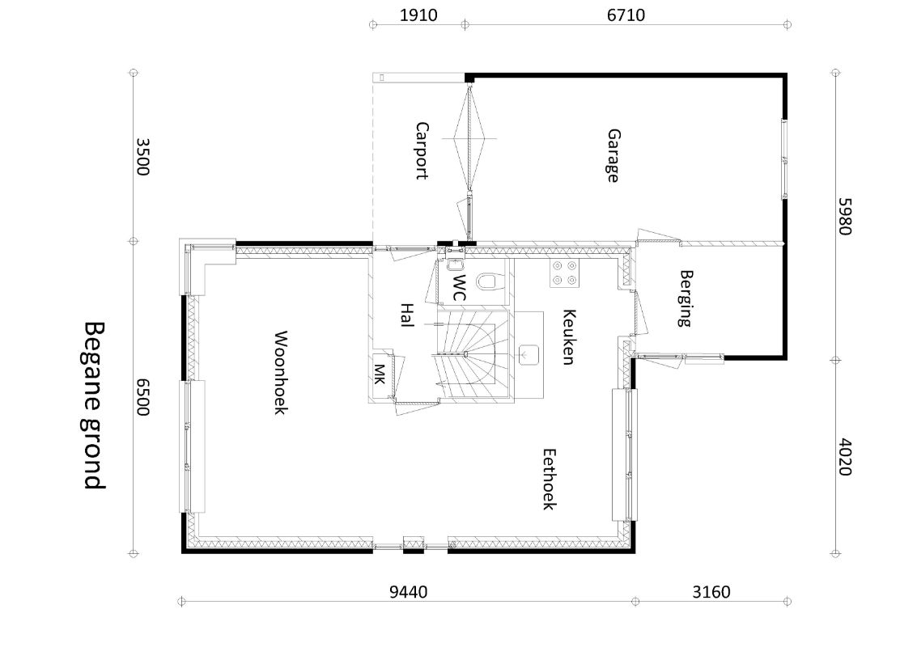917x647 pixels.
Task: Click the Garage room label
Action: click(613, 155)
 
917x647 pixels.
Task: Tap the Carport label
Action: click(422, 150)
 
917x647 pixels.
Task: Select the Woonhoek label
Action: click(281, 372)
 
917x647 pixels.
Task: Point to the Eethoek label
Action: click(549, 480)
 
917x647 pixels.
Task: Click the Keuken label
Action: click(568, 337)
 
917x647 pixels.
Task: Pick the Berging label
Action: click(686, 298)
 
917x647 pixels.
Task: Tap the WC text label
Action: click(461, 288)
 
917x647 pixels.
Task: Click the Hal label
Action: click(407, 315)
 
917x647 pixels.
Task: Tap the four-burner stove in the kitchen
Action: click(564, 273)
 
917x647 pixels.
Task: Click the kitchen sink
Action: click(529, 355)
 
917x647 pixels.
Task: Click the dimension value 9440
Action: click(408, 592)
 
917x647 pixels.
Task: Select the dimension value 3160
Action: click(711, 592)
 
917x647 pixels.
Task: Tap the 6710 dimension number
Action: click(626, 15)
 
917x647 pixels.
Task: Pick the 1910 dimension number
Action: click(418, 15)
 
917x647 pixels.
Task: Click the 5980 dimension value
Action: click(845, 216)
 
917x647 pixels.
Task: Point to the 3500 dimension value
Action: click(142, 157)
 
